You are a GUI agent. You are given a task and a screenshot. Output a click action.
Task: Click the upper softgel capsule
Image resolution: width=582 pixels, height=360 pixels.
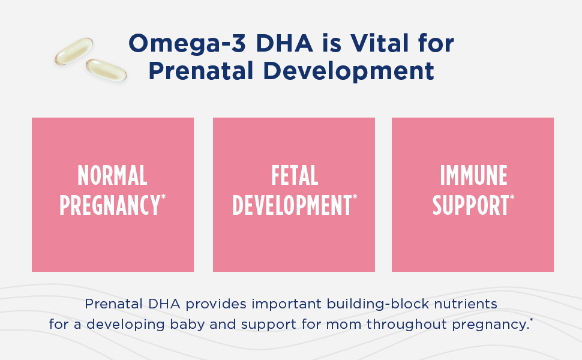[x=74, y=51]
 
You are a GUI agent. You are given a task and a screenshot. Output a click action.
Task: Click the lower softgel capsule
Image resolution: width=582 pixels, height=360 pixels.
[x=106, y=70]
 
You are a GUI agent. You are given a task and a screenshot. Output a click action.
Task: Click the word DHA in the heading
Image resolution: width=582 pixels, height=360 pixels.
[x=284, y=43]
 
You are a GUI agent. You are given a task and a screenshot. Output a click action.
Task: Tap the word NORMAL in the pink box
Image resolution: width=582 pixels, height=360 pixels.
[x=112, y=175]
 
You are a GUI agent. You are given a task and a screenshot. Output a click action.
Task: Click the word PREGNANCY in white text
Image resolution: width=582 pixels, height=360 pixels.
[x=110, y=205]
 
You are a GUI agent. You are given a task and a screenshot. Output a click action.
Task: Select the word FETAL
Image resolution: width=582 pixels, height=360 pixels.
[x=295, y=175]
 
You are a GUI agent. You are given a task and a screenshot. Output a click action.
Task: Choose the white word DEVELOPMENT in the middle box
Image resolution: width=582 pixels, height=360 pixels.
[x=292, y=205]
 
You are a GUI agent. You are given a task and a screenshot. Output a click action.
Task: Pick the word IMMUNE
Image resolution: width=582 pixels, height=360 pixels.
[x=473, y=175]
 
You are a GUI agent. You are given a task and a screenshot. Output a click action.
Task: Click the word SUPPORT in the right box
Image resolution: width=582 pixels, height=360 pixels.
[x=470, y=205]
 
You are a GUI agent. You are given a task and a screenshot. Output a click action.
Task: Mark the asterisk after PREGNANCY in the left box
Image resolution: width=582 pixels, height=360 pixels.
[x=163, y=197]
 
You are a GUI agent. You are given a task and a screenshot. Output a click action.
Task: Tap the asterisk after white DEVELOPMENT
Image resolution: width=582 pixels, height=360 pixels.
[x=355, y=197]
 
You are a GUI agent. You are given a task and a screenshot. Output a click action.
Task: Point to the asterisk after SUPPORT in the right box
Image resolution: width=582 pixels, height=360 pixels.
[x=512, y=197]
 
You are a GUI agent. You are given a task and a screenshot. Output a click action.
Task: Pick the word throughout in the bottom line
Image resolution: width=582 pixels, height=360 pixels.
[x=406, y=325]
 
